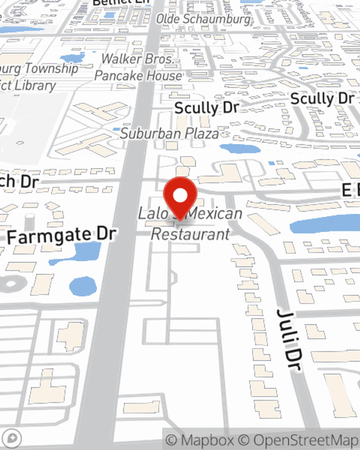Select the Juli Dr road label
click(x=290, y=338)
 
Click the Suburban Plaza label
click(x=170, y=134)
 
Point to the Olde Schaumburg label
click(x=203, y=19)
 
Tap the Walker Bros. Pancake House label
click(x=138, y=67)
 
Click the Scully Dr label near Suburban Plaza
click(x=207, y=108)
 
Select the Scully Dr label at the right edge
click(x=322, y=98)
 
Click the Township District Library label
click(x=36, y=77)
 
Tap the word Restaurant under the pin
click(x=190, y=234)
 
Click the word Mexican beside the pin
click(x=215, y=213)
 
